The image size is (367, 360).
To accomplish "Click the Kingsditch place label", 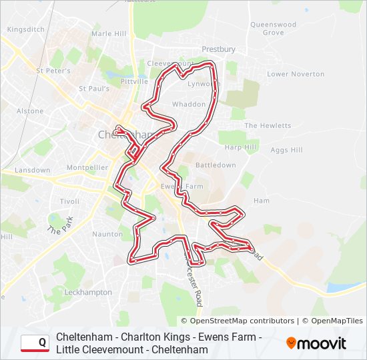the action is tap(25, 30).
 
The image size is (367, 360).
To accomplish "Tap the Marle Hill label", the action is tap(109, 33).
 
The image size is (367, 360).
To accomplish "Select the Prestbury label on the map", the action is tap(219, 49).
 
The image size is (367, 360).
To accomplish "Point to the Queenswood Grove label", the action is tap(273, 28).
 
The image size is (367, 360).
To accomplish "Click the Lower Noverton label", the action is tap(296, 74).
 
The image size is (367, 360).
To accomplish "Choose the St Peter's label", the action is tap(53, 70).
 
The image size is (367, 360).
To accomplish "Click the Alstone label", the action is tap(30, 111).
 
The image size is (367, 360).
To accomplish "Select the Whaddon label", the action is tap(189, 105).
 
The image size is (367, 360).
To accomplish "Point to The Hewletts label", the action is tap(268, 125).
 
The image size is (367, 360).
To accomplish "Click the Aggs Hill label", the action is tap(286, 151).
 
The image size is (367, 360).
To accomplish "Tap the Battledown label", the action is tap(216, 165).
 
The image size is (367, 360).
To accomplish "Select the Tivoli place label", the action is tap(69, 201).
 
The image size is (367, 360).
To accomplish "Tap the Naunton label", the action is tap(107, 234).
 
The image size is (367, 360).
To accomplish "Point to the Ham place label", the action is tap(261, 201).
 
